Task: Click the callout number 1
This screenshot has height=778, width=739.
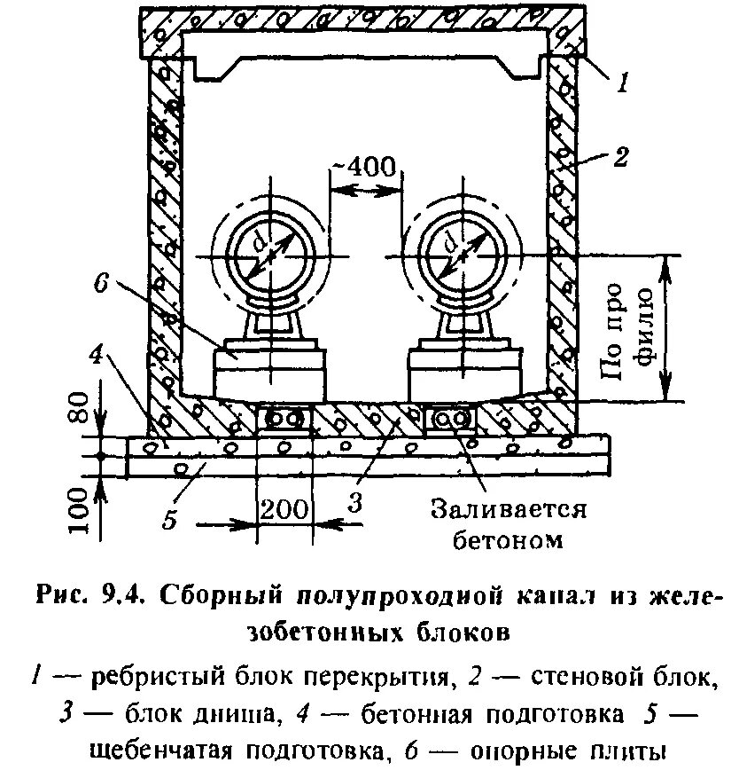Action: point(623,85)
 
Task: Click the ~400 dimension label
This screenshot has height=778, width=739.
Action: point(365,167)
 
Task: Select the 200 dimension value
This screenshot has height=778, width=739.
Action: point(285,509)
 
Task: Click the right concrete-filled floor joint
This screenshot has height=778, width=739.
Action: point(450,417)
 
